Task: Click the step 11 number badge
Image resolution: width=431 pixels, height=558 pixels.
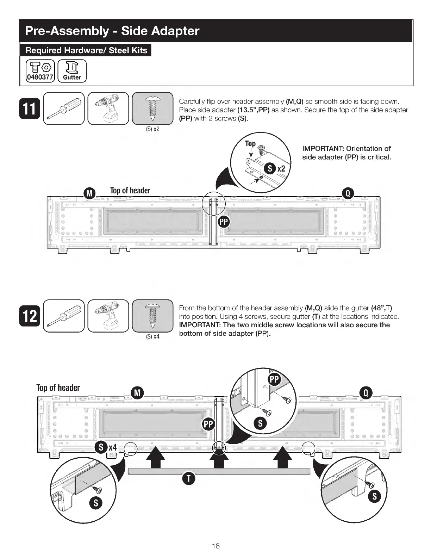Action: pyautogui.click(x=30, y=109)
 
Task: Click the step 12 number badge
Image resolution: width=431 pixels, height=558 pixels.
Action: pyautogui.click(x=30, y=316)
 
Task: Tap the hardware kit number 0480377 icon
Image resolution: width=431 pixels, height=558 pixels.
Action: pyautogui.click(x=40, y=71)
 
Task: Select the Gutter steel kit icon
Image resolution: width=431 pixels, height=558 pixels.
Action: pyautogui.click(x=72, y=71)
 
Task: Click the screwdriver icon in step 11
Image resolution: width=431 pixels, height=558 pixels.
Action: pyautogui.click(x=64, y=108)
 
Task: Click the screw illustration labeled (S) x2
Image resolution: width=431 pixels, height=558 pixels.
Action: pyautogui.click(x=153, y=108)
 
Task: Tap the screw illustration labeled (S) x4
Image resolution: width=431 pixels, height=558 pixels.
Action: pyautogui.click(x=153, y=316)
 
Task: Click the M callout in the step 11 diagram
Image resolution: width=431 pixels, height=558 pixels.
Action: pyautogui.click(x=90, y=193)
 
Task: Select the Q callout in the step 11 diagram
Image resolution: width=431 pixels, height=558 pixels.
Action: pyautogui.click(x=348, y=193)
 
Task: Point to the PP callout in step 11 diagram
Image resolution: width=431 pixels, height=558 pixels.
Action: pyautogui.click(x=224, y=222)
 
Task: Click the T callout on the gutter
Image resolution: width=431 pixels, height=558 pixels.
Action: pyautogui.click(x=189, y=478)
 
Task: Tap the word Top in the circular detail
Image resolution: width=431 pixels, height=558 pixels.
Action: pyautogui.click(x=250, y=143)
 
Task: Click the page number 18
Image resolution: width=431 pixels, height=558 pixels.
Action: pyautogui.click(x=216, y=546)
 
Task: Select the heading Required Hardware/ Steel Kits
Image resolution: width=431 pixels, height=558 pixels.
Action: pyautogui.click(x=86, y=50)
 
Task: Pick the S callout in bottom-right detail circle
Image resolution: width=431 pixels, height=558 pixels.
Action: pyautogui.click(x=374, y=496)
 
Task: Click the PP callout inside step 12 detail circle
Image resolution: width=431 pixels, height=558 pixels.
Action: pyautogui.click(x=274, y=379)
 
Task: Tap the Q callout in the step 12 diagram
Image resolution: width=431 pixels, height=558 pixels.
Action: pyautogui.click(x=366, y=393)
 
